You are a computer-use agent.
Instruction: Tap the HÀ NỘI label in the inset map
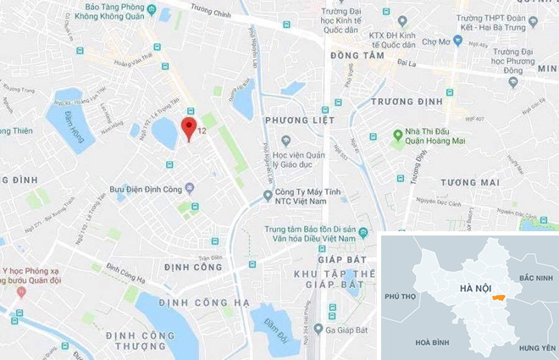pos(475,288)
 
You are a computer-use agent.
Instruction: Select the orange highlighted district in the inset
pos(498,296)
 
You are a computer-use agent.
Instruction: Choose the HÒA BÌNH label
pos(434,341)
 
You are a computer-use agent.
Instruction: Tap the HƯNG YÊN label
pos(537,347)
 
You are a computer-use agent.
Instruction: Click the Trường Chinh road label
pos(212,9)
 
